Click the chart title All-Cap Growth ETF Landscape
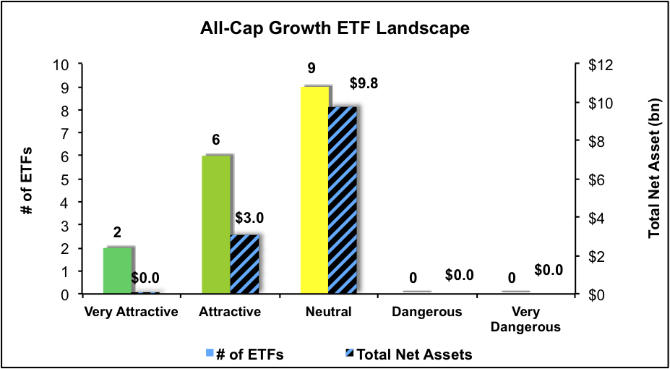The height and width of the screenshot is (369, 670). pyautogui.click(x=335, y=30)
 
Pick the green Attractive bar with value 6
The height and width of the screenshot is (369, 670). pyautogui.click(x=215, y=225)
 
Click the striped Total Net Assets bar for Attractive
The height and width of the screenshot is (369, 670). pyautogui.click(x=244, y=264)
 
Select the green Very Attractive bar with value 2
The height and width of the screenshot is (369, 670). pyautogui.click(x=118, y=271)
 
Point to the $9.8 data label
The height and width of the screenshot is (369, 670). pyautogui.click(x=364, y=83)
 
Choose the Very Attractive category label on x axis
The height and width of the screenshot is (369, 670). pyautogui.click(x=132, y=313)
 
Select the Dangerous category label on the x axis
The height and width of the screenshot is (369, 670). pyautogui.click(x=426, y=313)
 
